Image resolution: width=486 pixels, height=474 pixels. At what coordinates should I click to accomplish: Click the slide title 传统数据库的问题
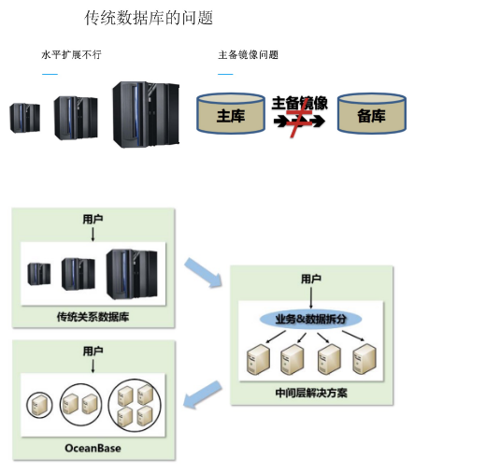pyautogui.click(x=149, y=18)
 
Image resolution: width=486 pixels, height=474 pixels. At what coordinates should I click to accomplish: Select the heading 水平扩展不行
pyautogui.click(x=71, y=54)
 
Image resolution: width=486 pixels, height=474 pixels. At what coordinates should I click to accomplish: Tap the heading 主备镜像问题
pyautogui.click(x=248, y=55)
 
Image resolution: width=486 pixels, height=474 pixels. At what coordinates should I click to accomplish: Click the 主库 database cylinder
pyautogui.click(x=231, y=113)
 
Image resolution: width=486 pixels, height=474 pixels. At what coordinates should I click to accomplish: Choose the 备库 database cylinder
pyautogui.click(x=372, y=113)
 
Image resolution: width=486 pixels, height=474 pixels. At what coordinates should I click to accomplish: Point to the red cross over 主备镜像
pyautogui.click(x=299, y=118)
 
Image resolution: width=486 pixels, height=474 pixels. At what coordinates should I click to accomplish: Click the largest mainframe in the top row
pyautogui.click(x=146, y=114)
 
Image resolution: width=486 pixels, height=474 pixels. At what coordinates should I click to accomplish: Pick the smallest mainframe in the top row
pyautogui.click(x=25, y=118)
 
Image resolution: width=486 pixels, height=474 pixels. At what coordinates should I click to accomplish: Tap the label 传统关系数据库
pyautogui.click(x=93, y=317)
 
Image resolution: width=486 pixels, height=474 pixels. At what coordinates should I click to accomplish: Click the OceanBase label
pyautogui.click(x=93, y=448)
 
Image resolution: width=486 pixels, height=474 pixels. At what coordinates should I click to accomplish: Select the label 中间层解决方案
pyautogui.click(x=311, y=393)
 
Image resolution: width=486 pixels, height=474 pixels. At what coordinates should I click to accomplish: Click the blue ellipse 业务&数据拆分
pyautogui.click(x=310, y=319)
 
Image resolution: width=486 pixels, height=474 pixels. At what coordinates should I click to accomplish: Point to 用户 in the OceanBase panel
pyautogui.click(x=93, y=351)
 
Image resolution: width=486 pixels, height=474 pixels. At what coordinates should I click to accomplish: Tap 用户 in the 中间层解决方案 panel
pyautogui.click(x=311, y=279)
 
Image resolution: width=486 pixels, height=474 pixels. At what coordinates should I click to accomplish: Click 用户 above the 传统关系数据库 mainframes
pyautogui.click(x=93, y=219)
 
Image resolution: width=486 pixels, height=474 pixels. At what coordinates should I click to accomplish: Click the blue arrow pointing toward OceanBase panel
pyautogui.click(x=203, y=395)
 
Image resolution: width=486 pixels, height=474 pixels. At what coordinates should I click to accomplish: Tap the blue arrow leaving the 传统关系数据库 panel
pyautogui.click(x=203, y=273)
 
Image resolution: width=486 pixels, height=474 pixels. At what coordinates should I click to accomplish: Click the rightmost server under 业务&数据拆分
pyautogui.click(x=364, y=359)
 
